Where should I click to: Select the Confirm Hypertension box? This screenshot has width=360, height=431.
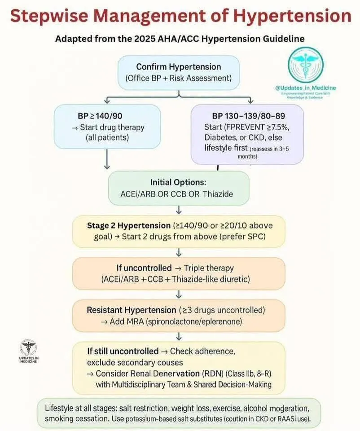(x=179, y=72)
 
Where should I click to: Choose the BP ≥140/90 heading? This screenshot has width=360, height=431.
(x=96, y=115)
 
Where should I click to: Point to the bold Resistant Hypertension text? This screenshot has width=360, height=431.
(x=131, y=310)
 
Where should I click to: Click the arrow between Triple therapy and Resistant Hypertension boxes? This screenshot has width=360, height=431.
(x=179, y=294)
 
